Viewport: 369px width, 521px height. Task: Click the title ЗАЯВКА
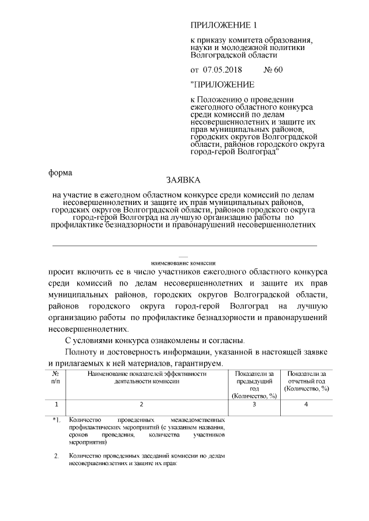coord(183,180)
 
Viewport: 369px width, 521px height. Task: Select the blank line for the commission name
coord(184,245)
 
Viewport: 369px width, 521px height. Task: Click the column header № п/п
coord(55,377)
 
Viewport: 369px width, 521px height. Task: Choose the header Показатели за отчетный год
coord(306,381)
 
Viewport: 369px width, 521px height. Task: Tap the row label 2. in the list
coord(57,456)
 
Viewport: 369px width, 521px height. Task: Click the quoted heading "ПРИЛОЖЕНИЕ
coord(222,85)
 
